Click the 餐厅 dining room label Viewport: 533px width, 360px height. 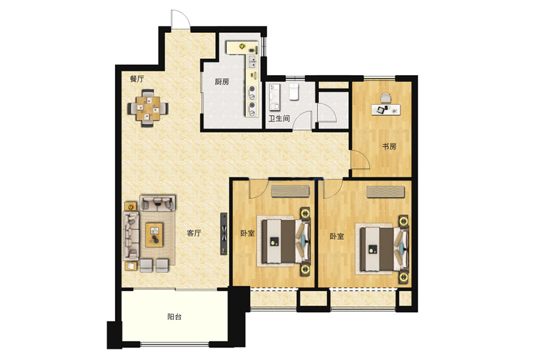click(x=137, y=79)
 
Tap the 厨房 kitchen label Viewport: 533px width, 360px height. click(x=222, y=82)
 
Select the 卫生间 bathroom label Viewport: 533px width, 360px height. click(x=279, y=119)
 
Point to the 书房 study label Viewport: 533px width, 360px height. click(x=389, y=147)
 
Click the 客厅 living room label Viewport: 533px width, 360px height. click(x=194, y=233)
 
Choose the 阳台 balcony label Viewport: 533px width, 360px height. click(x=174, y=316)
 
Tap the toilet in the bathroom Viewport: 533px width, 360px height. click(x=294, y=92)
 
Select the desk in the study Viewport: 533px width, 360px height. click(x=386, y=110)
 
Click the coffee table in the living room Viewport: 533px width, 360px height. click(x=154, y=235)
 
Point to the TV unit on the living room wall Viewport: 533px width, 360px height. click(x=224, y=234)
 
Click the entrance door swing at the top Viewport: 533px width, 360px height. click(x=180, y=19)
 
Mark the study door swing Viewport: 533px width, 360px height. click(x=360, y=160)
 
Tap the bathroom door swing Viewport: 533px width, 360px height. click(x=303, y=120)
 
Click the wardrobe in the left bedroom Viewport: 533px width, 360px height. click(x=290, y=191)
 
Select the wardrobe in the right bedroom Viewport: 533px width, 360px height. click(x=385, y=191)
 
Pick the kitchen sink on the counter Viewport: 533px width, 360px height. click(x=253, y=61)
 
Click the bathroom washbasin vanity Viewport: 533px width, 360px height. click(x=275, y=98)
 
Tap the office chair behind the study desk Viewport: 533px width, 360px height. click(x=386, y=98)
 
